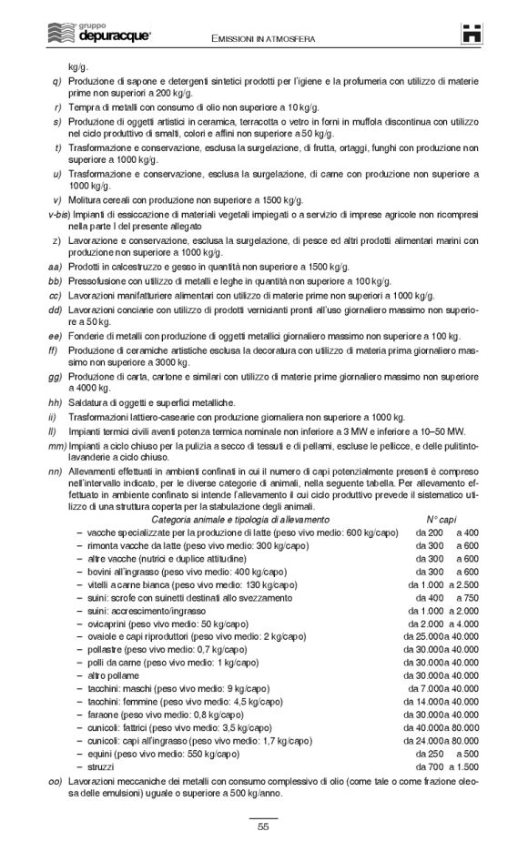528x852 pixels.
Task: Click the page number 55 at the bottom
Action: click(263, 827)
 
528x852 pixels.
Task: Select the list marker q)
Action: click(56, 82)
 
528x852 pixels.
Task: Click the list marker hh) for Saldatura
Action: click(55, 401)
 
